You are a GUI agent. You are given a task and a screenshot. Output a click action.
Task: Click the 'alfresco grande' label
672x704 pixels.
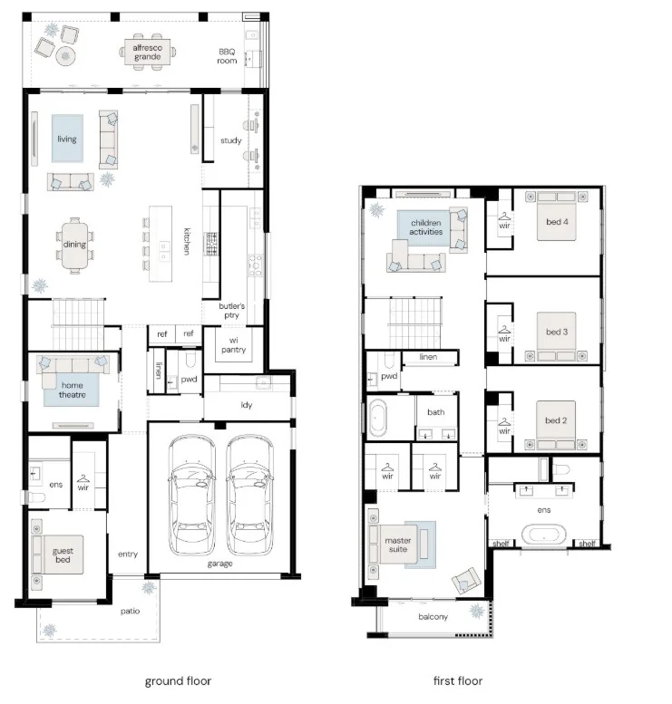148,52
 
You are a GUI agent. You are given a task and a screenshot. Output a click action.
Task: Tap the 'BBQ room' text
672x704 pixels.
227,56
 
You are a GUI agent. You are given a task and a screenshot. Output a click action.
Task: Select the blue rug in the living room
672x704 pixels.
67,139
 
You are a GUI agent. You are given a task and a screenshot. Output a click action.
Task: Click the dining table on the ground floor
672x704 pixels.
74,245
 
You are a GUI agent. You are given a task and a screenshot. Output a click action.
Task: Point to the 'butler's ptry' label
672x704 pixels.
232,310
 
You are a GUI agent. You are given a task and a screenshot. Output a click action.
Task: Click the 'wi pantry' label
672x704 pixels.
234,345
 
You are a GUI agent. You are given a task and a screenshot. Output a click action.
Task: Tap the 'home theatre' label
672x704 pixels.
72,390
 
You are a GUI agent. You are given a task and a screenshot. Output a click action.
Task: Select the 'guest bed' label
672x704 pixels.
63,555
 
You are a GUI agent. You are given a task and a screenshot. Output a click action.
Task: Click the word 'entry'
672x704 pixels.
128,554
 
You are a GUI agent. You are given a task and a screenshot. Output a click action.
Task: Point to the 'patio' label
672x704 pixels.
130,611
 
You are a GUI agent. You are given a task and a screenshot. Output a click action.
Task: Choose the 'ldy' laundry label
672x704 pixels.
247,405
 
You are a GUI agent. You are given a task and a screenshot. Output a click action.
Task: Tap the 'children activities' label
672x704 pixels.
426,227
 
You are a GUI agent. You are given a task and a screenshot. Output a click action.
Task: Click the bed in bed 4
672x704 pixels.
557,217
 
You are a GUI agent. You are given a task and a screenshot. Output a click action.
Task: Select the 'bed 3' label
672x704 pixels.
557,332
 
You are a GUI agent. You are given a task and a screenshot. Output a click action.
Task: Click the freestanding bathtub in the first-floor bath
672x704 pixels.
378,418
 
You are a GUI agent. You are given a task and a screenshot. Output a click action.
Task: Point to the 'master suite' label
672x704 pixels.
398,545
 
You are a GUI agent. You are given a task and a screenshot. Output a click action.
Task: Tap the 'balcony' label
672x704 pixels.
433,617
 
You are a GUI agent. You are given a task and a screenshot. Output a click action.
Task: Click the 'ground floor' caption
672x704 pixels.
178,681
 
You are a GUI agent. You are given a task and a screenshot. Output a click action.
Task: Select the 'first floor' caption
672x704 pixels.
458,680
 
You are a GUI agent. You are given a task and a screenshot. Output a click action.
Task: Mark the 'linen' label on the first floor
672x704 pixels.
428,356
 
